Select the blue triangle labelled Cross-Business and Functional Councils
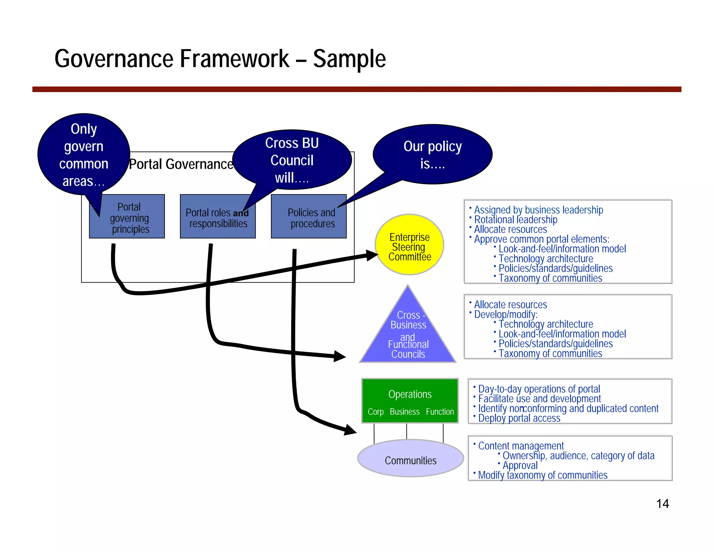tap(408, 335)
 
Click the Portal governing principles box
tap(130, 218)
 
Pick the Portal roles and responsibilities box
tap(218, 218)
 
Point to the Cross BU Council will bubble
tap(292, 160)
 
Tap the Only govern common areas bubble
tap(84, 155)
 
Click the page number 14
tap(662, 503)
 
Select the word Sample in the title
tap(349, 59)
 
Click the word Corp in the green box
tap(375, 412)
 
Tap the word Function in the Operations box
tap(440, 412)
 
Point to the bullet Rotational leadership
tap(516, 220)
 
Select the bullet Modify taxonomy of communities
tap(542, 475)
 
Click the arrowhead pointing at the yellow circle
tap(372, 255)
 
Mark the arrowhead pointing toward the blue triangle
tap(340, 356)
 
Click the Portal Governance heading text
tap(181, 164)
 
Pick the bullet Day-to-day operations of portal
tap(539, 389)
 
